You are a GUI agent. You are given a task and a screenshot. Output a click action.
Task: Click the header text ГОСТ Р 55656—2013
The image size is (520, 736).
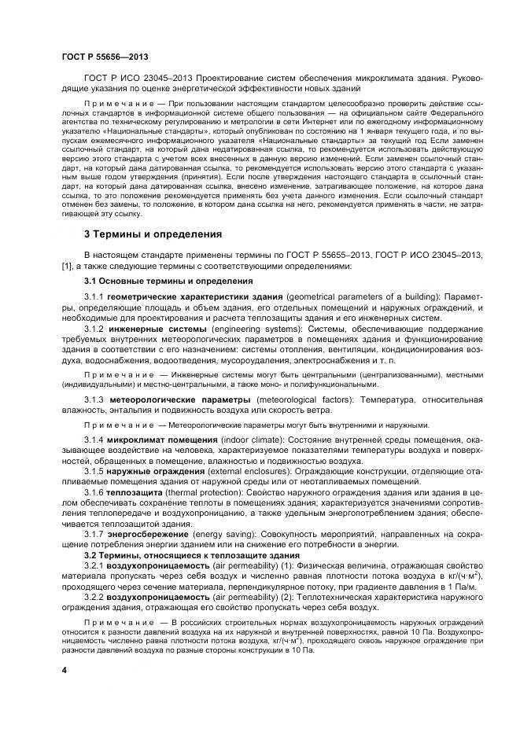point(105,56)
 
